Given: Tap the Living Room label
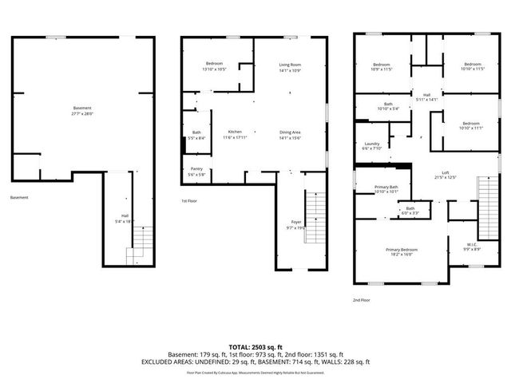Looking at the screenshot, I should click(289, 67).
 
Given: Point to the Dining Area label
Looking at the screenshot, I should click(289, 134).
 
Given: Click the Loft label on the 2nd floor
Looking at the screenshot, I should click(445, 174).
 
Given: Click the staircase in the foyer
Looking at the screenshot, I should click(315, 211).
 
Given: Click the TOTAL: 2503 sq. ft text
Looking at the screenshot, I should click(255, 346).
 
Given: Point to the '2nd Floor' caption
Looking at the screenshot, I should click(362, 300).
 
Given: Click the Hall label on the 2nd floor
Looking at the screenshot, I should click(427, 97).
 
